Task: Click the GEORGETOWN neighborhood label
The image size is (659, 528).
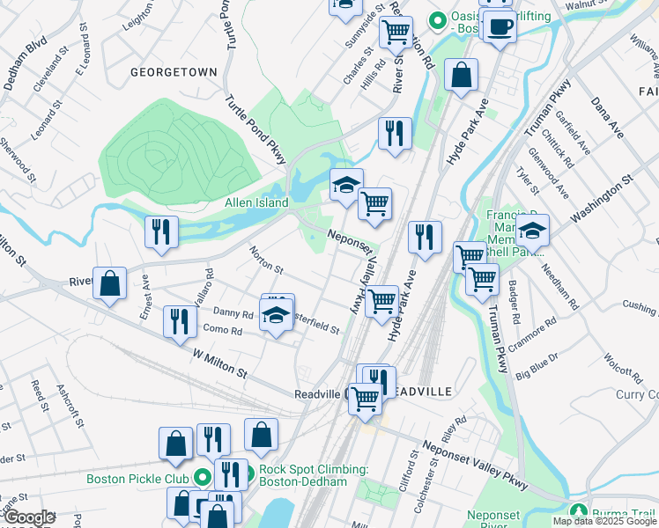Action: (x=173, y=72)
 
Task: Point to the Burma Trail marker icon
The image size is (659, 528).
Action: (x=579, y=511)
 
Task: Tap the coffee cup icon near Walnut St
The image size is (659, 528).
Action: (x=500, y=26)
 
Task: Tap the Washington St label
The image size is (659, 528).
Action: (x=602, y=200)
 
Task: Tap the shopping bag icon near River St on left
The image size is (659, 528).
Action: (x=109, y=283)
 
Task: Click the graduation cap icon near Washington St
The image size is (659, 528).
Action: (x=532, y=231)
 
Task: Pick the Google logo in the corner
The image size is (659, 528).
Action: (x=28, y=517)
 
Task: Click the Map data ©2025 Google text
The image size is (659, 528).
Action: (x=603, y=521)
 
